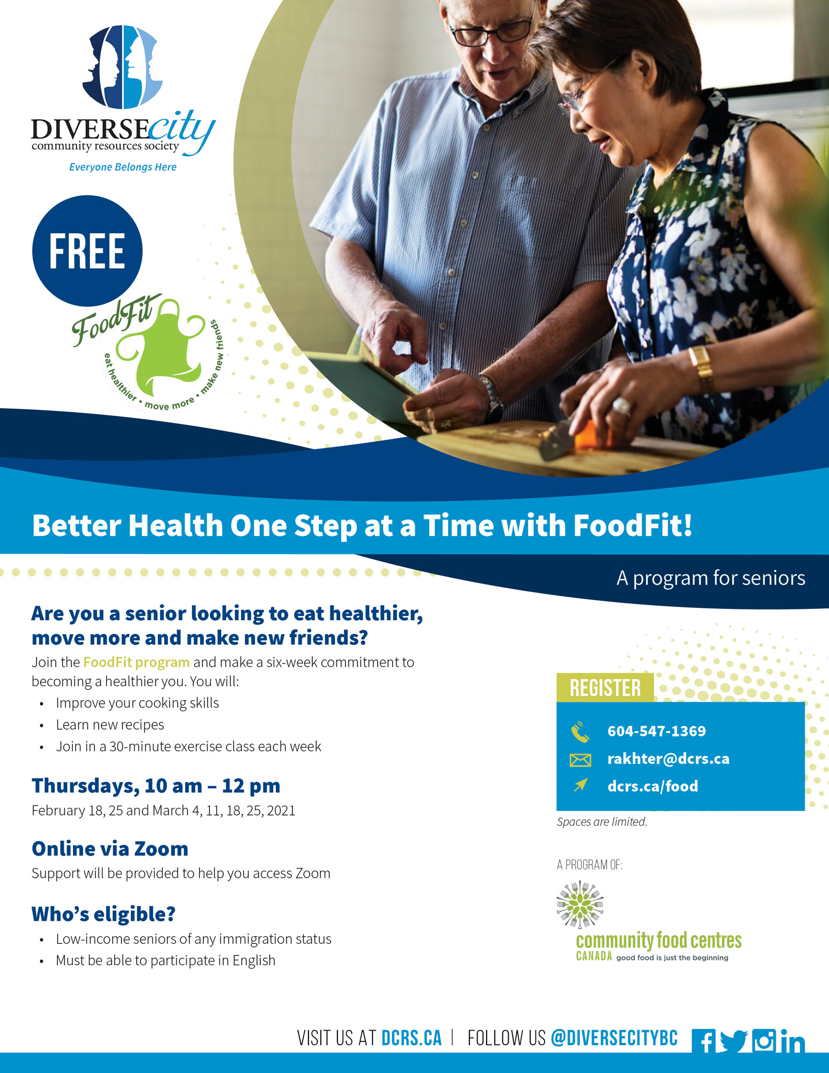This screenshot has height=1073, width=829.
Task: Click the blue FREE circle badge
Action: point(87,251)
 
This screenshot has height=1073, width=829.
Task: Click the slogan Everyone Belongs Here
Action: point(123,167)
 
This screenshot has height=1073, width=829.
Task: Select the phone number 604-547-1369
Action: point(656,731)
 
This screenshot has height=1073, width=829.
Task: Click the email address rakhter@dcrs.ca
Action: point(668,759)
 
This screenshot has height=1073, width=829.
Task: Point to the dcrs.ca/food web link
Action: point(652,786)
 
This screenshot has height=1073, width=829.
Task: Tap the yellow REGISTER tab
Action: point(605,687)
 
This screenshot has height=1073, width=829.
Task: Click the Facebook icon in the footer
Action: point(704,1041)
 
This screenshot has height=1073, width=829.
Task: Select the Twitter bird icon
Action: point(733,1041)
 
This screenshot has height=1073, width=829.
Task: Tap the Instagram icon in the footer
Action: point(764,1041)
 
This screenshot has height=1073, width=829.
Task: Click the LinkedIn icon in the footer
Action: point(793,1041)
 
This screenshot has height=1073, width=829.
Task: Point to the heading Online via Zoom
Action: point(110,849)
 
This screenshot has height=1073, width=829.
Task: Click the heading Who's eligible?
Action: point(104,914)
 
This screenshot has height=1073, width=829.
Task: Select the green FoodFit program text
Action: point(136,663)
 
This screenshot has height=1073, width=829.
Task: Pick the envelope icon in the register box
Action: point(580,760)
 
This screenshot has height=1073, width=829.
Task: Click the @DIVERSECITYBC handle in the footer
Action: point(614,1038)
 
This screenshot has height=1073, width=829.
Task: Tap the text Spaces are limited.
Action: point(602,822)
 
